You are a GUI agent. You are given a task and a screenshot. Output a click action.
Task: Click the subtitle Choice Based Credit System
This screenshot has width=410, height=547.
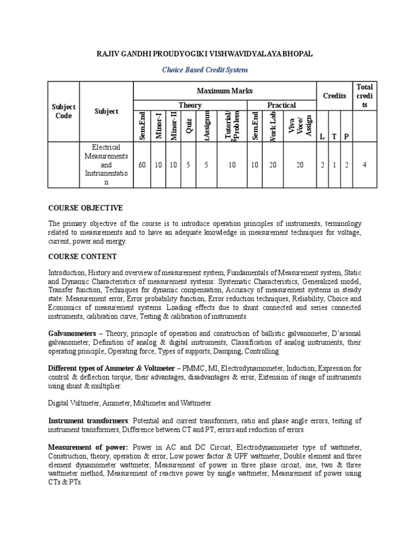pyautogui.click(x=205, y=69)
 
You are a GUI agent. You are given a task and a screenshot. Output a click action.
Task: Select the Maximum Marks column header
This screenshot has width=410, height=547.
pyautogui.click(x=224, y=91)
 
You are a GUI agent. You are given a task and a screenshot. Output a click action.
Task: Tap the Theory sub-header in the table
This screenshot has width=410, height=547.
pyautogui.click(x=190, y=105)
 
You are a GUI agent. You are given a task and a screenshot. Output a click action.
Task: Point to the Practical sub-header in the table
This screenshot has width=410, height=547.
pyautogui.click(x=281, y=105)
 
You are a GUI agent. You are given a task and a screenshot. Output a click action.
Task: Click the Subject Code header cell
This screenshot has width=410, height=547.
pyautogui.click(x=64, y=112)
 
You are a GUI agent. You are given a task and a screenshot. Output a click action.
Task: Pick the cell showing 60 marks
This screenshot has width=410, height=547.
pyautogui.click(x=142, y=165)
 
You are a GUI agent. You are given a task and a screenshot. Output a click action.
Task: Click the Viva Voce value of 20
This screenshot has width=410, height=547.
pyautogui.click(x=299, y=165)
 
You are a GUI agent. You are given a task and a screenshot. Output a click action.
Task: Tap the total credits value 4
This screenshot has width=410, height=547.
pyautogui.click(x=364, y=165)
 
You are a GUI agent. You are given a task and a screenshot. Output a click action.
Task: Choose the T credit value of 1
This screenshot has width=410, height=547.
pyautogui.click(x=334, y=165)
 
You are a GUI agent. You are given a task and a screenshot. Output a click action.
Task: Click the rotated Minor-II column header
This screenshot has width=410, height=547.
pyautogui.click(x=174, y=126)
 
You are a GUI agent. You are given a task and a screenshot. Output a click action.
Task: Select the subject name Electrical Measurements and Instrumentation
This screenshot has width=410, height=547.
pyautogui.click(x=106, y=165)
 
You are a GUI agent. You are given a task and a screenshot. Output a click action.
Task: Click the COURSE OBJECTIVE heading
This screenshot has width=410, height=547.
pyautogui.click(x=85, y=207)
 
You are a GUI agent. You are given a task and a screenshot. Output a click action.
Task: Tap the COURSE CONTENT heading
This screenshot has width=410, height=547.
pyautogui.click(x=82, y=256)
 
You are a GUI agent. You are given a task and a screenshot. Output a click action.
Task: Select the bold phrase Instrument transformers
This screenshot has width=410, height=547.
pyautogui.click(x=88, y=421)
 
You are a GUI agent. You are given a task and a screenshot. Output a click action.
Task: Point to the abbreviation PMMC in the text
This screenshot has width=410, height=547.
pyautogui.click(x=192, y=368)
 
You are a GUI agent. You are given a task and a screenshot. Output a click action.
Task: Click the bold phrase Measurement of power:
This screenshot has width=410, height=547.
pyautogui.click(x=88, y=447)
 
